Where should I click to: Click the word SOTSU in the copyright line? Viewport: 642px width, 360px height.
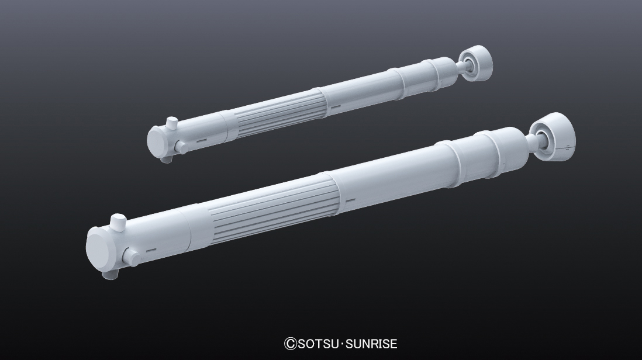coord(317,344)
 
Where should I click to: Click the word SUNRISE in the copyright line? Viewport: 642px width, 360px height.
coord(371,344)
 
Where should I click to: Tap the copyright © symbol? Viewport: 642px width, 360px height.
coord(290,344)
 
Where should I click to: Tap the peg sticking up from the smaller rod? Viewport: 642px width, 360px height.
coord(172,122)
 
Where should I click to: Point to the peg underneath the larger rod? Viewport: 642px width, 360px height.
coord(110,275)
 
